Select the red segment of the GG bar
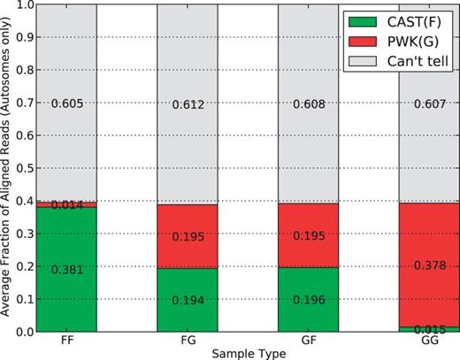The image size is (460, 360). click(428, 264)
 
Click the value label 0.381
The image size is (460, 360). click(66, 270)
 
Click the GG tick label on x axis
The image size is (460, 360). click(428, 340)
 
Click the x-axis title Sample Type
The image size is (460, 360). click(247, 352)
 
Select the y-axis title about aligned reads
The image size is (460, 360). click(8, 167)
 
